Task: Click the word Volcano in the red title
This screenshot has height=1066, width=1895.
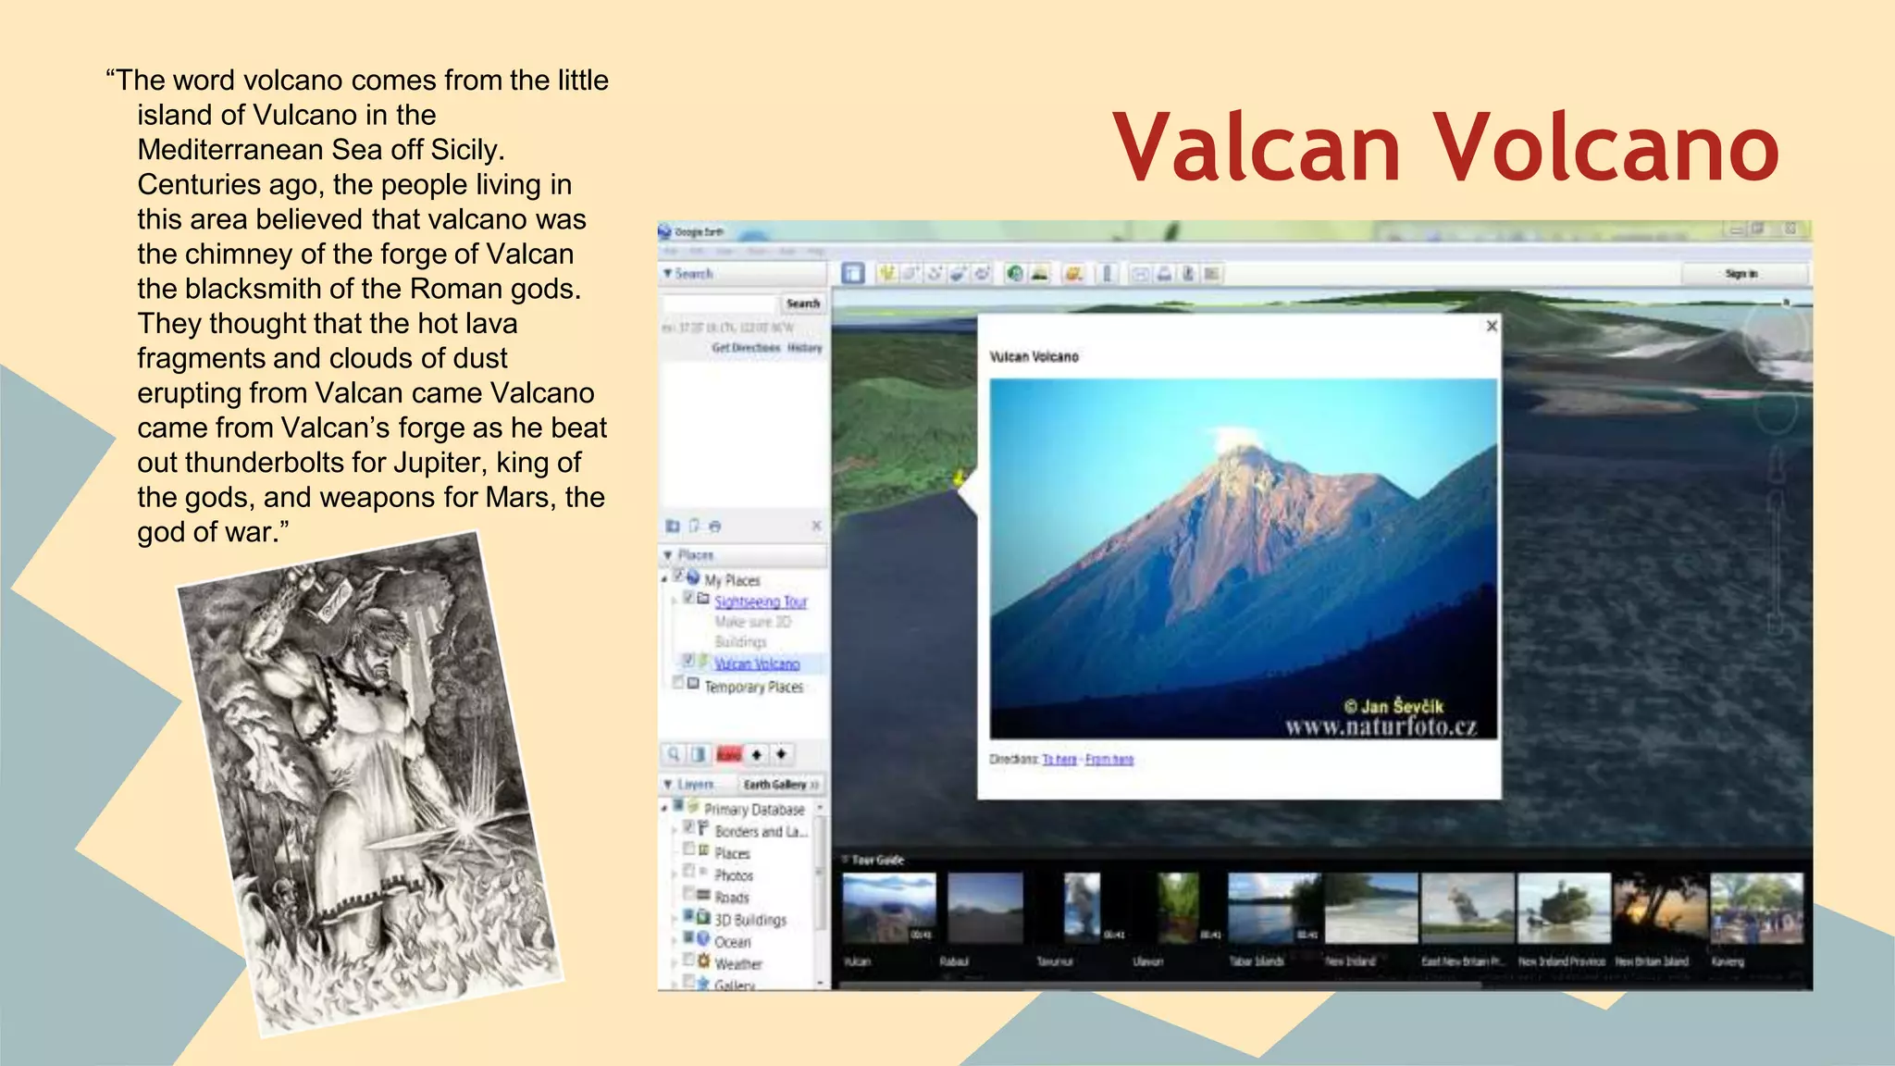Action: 1606,148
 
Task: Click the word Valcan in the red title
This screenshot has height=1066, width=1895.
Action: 1257,148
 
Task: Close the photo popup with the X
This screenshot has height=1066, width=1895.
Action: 1492,326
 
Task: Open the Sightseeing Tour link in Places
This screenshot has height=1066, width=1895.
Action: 761,601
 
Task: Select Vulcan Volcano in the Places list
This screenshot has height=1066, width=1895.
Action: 757,663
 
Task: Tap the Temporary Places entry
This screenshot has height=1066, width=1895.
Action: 753,687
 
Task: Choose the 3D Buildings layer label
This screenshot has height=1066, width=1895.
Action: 750,920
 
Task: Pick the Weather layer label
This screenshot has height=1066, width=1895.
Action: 738,963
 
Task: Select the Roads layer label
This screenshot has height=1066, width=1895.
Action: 732,898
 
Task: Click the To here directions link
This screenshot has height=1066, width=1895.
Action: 1059,760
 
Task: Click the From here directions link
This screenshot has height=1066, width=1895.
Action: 1109,760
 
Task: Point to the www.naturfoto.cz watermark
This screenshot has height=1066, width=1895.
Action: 1381,727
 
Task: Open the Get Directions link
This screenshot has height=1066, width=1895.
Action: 746,348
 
